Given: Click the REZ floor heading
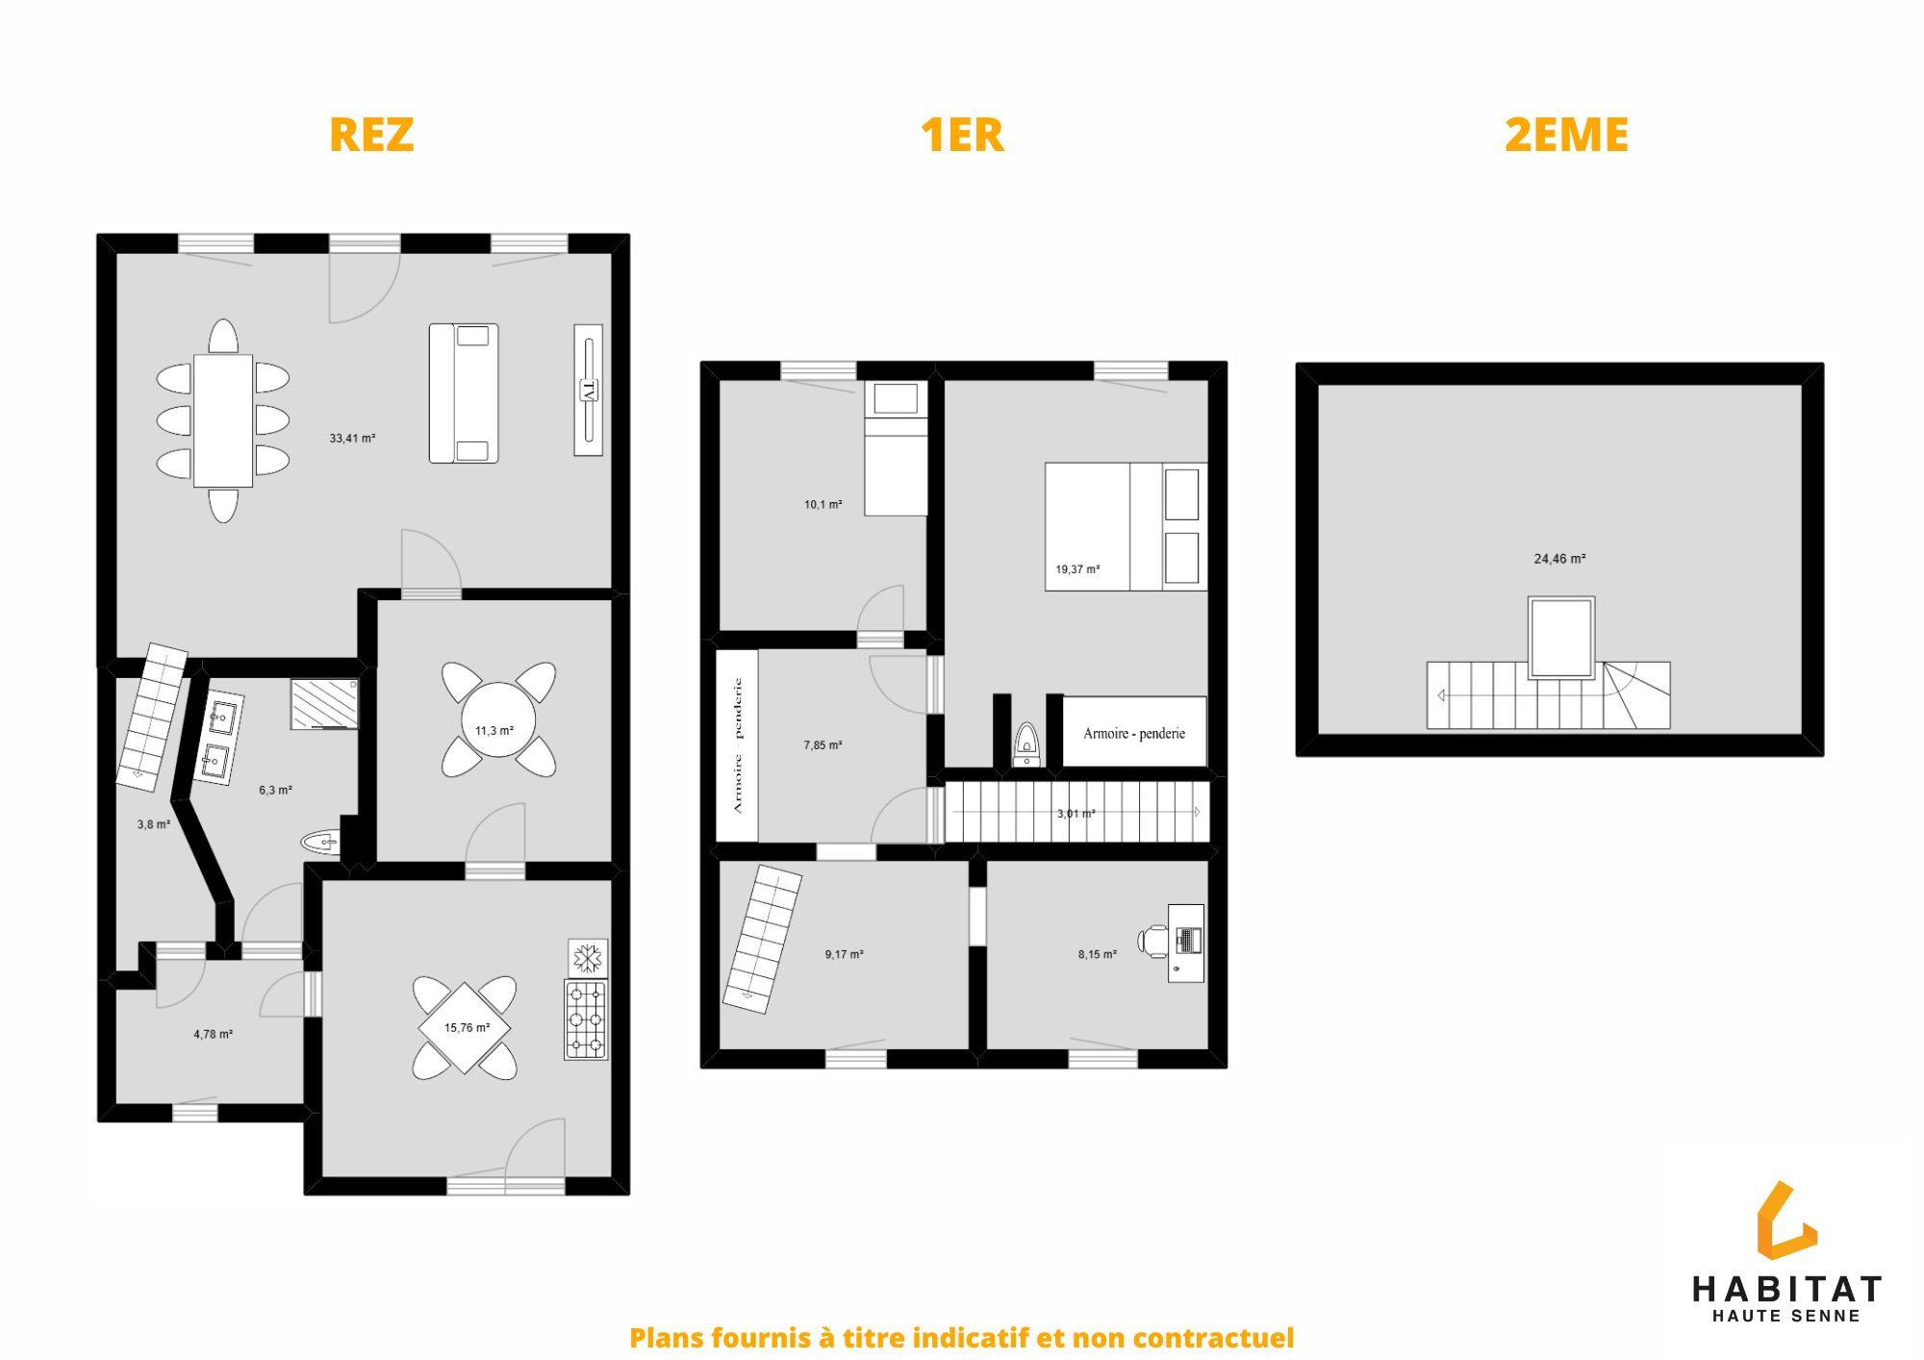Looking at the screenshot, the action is [371, 135].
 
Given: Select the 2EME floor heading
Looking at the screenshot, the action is [1566, 135].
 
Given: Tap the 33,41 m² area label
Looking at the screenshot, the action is [352, 439].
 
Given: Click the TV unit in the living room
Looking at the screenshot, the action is [589, 390].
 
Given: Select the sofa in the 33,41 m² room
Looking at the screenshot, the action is [464, 393].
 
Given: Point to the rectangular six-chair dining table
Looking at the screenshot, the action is [223, 421].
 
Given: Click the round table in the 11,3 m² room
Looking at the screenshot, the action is [497, 719].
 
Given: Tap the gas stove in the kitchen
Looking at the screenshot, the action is [586, 1020].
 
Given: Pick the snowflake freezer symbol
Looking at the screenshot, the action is [588, 958].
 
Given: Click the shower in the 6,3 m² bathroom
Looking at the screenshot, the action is [325, 704].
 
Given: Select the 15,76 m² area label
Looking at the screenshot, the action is [467, 1028].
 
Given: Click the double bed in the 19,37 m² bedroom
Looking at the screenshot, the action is [1126, 527].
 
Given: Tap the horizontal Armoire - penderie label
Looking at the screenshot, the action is [1134, 734].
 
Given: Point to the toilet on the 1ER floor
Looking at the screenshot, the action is [1027, 744].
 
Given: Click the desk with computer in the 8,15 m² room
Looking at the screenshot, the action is [1185, 943].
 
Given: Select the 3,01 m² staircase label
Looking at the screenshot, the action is [1076, 814].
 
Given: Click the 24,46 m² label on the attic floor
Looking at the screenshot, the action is [1559, 559].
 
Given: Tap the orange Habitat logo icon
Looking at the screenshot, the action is [1786, 1221].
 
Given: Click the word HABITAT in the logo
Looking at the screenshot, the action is [1786, 1290].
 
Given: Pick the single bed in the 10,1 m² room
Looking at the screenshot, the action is [896, 448].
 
